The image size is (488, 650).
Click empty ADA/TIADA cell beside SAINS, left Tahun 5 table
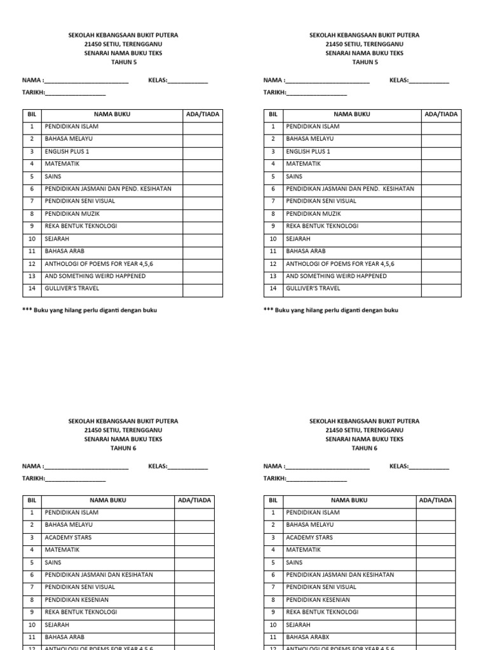(x=203, y=176)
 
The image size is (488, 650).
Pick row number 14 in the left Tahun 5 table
(x=31, y=288)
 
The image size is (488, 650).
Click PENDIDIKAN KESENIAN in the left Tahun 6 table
(x=76, y=599)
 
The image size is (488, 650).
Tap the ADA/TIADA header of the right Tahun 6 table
(x=435, y=500)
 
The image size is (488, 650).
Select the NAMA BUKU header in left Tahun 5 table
(x=112, y=114)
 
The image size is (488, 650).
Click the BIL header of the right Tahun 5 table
(x=273, y=114)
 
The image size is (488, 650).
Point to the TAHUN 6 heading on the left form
(x=123, y=448)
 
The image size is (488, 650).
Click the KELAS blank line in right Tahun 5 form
(x=429, y=81)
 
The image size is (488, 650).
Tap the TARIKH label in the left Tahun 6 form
(x=33, y=479)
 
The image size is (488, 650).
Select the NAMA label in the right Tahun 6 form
(x=273, y=466)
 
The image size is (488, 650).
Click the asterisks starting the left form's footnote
(x=27, y=310)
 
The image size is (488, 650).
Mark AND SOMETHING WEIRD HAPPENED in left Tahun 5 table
(x=95, y=276)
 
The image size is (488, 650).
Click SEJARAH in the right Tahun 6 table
(x=298, y=625)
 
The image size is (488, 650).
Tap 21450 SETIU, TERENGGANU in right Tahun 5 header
(x=364, y=44)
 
